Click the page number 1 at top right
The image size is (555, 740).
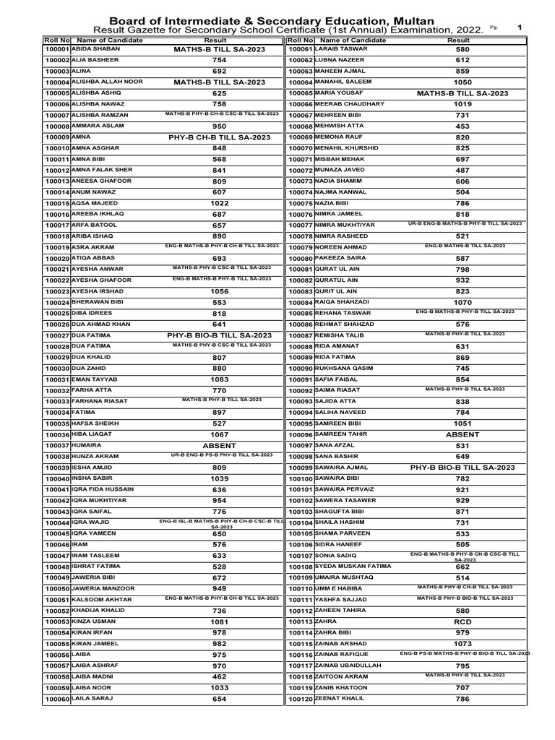click(x=519, y=27)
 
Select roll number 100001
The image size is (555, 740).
click(x=56, y=50)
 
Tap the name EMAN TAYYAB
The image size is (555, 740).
click(x=93, y=379)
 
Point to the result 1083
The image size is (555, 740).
click(x=220, y=379)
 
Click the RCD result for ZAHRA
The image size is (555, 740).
click(x=462, y=621)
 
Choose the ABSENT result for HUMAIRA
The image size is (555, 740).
click(x=220, y=446)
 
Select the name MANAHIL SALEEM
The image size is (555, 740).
click(x=346, y=82)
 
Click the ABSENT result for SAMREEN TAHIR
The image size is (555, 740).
click(x=462, y=434)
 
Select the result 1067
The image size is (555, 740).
click(x=220, y=434)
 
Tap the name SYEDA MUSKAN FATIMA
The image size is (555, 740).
click(x=353, y=566)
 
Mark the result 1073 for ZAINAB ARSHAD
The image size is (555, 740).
click(x=462, y=643)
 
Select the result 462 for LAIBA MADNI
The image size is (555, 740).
click(x=220, y=677)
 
